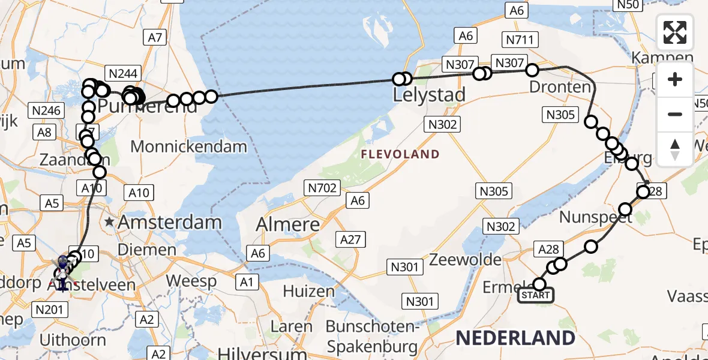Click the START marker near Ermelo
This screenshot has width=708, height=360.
pyautogui.click(x=536, y=295)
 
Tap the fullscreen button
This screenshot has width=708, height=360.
pyautogui.click(x=675, y=32)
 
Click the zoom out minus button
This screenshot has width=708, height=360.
pyautogui.click(x=675, y=114)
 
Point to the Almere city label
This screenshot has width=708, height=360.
pyautogui.click(x=288, y=224)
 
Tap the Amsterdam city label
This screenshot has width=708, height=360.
pyautogui.click(x=169, y=223)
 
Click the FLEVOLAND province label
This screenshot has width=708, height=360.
pyautogui.click(x=400, y=155)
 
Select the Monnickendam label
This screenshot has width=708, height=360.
pyautogui.click(x=188, y=146)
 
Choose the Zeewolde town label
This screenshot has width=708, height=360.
pyautogui.click(x=466, y=260)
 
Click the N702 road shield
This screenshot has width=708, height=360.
pyautogui.click(x=322, y=188)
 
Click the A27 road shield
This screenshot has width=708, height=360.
pyautogui.click(x=350, y=240)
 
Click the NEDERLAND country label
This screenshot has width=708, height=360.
pyautogui.click(x=515, y=338)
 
